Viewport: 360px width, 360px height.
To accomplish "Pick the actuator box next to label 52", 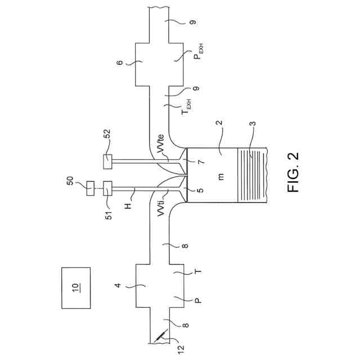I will pos(108,161).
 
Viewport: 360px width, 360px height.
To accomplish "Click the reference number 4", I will pos(119,286).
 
